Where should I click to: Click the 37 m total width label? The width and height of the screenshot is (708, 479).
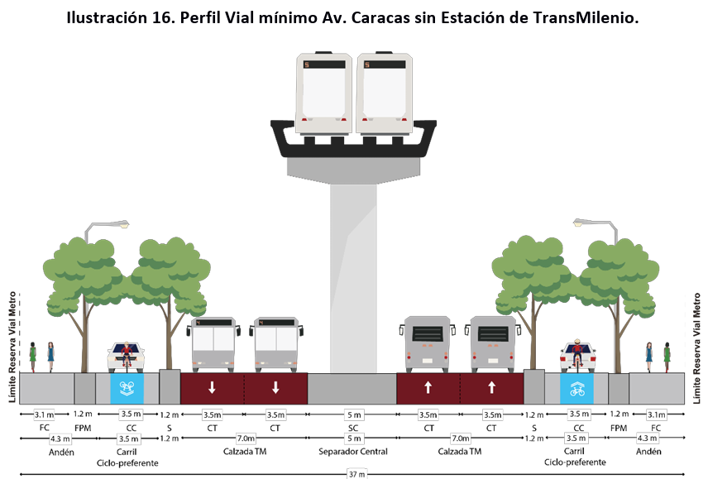(x=353, y=474)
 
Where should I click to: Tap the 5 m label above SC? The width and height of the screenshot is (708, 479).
(x=353, y=414)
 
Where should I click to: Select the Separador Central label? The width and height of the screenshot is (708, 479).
(x=353, y=452)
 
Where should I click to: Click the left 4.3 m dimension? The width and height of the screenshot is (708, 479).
(x=61, y=438)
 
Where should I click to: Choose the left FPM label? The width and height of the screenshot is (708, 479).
(x=84, y=428)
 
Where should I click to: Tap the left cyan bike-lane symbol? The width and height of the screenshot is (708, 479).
(x=127, y=387)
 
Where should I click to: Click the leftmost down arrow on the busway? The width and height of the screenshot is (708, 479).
(x=213, y=387)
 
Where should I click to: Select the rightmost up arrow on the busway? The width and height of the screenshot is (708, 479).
(x=491, y=387)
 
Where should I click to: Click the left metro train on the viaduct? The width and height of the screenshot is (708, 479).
(x=324, y=93)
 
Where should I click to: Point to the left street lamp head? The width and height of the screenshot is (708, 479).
(x=121, y=223)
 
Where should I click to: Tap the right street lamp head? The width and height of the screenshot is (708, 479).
(x=582, y=223)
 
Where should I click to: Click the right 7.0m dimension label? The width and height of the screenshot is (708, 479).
(x=459, y=438)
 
